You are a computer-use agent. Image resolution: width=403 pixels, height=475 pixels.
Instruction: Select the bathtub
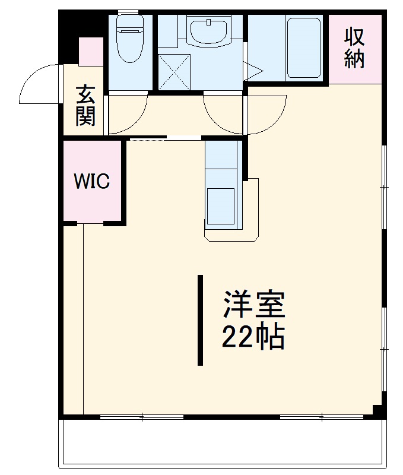tap(304, 48)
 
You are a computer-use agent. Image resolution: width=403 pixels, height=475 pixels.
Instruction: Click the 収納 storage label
tap(354, 48)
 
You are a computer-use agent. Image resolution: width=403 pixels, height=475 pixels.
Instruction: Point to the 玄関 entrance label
tap(85, 106)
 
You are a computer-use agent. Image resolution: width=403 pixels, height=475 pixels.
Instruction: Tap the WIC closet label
tap(92, 181)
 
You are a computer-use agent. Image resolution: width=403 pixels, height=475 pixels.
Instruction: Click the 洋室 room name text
tap(253, 304)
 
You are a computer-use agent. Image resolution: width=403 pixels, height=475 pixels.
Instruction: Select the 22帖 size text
tap(253, 337)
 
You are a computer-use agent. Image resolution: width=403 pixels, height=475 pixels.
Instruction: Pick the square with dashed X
tap(174, 72)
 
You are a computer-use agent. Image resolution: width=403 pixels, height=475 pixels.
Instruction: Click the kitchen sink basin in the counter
tap(221, 206)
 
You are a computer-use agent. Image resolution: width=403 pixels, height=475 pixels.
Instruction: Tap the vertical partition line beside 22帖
tap(200, 320)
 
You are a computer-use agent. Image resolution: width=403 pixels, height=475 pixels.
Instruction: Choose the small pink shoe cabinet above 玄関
tap(91, 52)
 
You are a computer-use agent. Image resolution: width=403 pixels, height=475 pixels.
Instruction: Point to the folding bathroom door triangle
tap(253, 72)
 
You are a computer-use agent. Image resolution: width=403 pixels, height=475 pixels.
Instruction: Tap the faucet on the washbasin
tap(208, 23)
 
